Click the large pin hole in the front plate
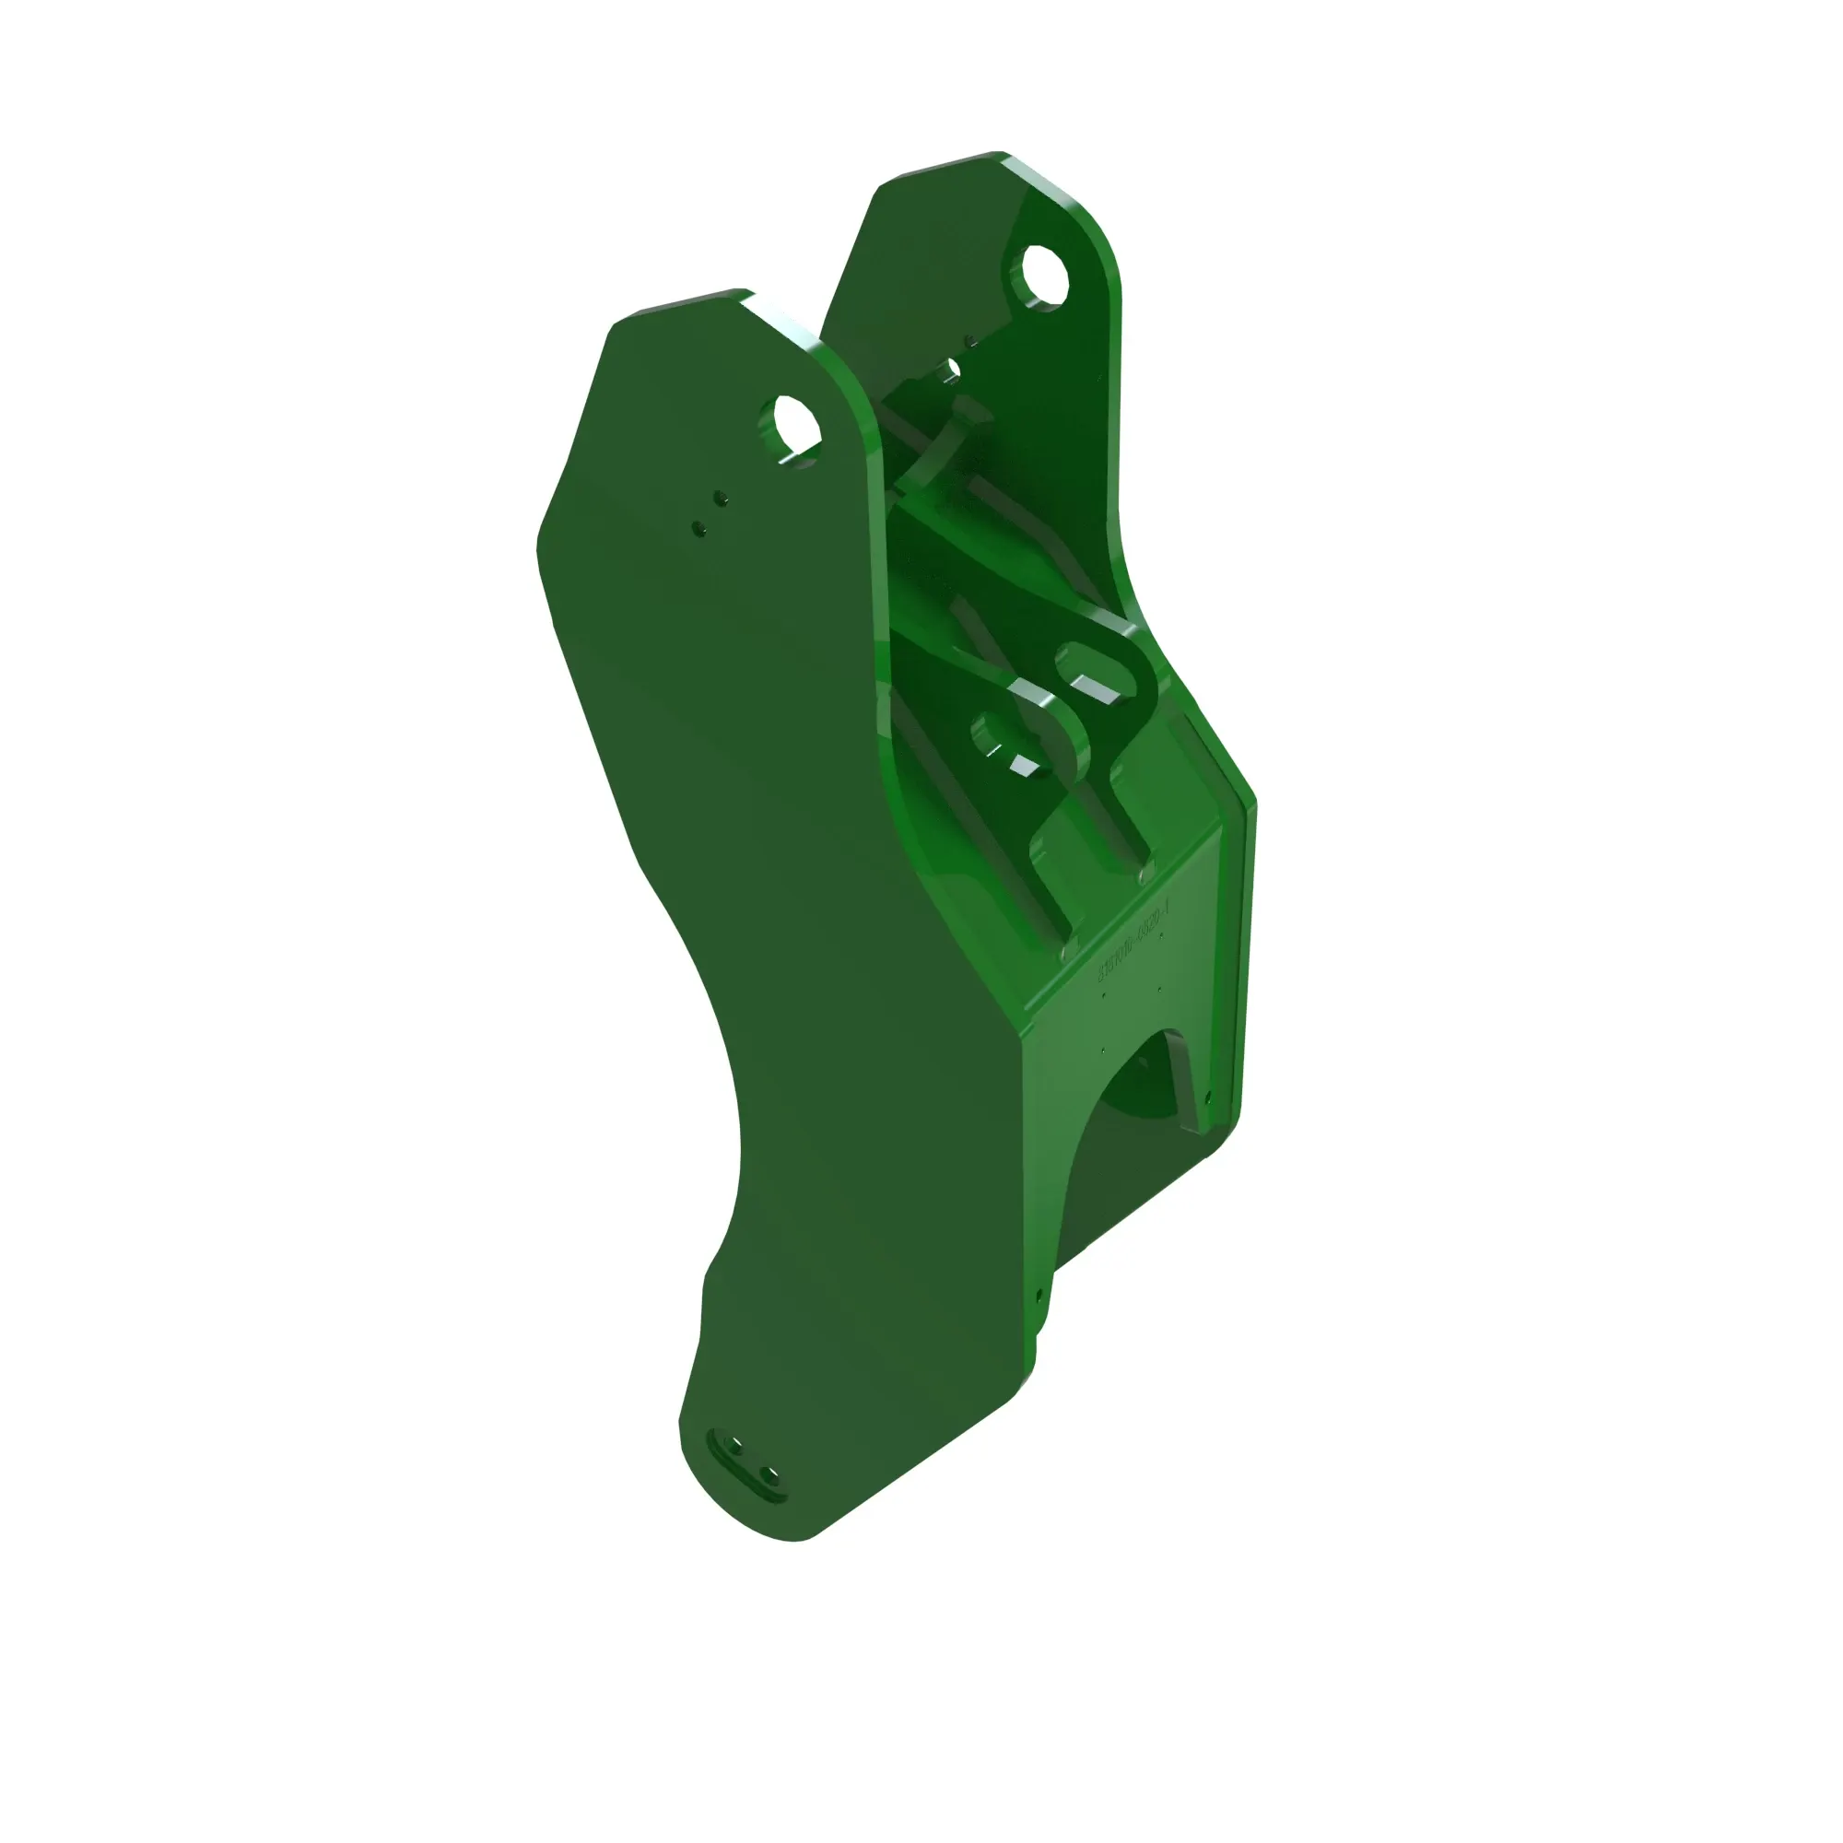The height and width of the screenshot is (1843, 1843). coord(791,429)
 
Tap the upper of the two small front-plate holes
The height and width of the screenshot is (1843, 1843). coord(722,497)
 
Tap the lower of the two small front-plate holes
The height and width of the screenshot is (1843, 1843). coord(698,525)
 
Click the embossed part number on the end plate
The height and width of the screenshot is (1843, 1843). coord(1133,945)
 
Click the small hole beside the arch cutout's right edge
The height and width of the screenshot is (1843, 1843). coord(1209,1097)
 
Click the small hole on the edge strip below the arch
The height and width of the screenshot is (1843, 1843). coord(1039,1296)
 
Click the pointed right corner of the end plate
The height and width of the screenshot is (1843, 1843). coord(1254,806)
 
